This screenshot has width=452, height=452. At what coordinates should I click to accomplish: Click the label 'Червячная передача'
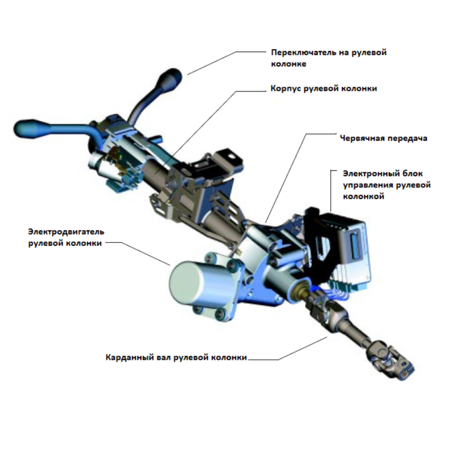click(x=383, y=139)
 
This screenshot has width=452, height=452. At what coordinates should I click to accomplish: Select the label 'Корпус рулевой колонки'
click(x=324, y=88)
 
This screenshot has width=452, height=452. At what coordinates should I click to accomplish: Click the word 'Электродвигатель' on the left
click(x=66, y=232)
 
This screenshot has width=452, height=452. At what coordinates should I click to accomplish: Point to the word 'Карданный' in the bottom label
click(x=130, y=357)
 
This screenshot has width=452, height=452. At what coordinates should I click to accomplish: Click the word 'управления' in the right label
click(x=368, y=185)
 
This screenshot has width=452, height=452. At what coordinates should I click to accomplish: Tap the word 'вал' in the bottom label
click(x=165, y=357)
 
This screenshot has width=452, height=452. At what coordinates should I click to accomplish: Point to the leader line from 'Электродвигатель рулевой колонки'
click(x=139, y=253)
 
